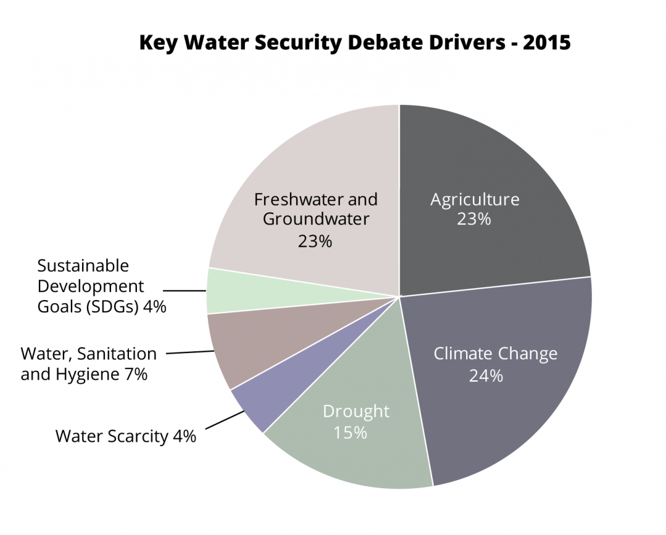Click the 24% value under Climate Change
(x=486, y=375)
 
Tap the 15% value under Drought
(x=350, y=432)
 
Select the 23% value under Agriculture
(x=474, y=219)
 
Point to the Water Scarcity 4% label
(x=126, y=436)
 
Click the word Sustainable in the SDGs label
(x=83, y=266)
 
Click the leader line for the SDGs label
(x=184, y=290)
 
